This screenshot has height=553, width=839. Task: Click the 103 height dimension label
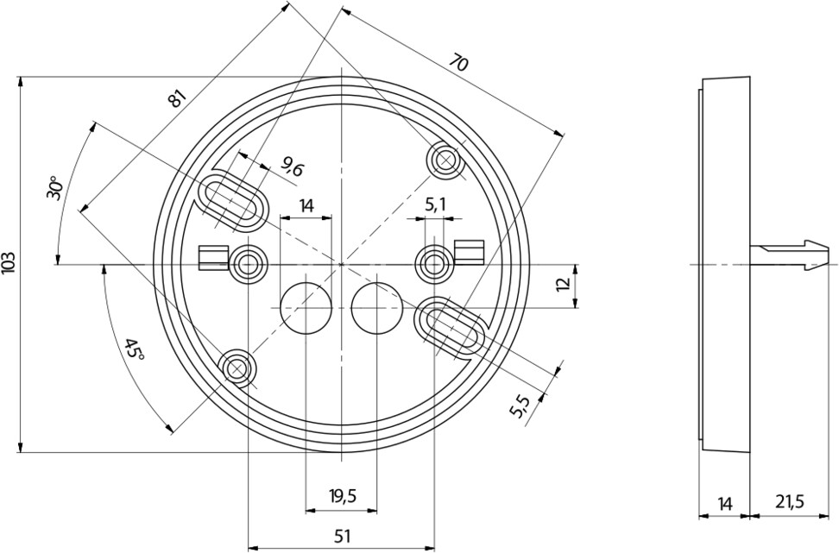click(x=9, y=263)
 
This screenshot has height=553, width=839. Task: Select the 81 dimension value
click(x=177, y=98)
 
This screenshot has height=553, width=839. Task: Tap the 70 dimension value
click(x=458, y=63)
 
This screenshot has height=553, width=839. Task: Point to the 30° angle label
click(x=54, y=188)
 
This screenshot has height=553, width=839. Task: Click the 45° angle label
click(x=132, y=349)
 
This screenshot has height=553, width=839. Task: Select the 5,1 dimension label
click(x=436, y=204)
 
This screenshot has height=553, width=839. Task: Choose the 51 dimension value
click(x=342, y=537)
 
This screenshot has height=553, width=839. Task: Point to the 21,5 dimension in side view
click(x=790, y=501)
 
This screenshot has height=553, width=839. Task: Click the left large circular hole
click(x=306, y=307)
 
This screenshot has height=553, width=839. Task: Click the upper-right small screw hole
click(x=446, y=160)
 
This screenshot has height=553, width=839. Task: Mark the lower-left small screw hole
click(x=237, y=368)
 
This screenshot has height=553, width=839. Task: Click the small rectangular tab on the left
click(x=208, y=257)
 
